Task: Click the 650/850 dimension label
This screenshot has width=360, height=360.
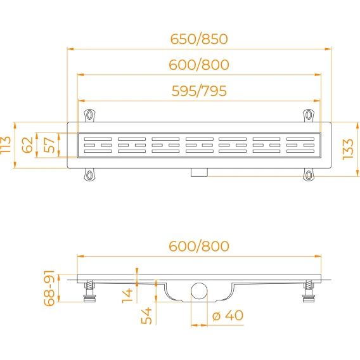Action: [x=199, y=39]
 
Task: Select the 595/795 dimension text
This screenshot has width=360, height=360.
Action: [x=199, y=91]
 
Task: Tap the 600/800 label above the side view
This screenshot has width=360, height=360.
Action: [x=199, y=246]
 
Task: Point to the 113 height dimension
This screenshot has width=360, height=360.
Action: [x=6, y=145]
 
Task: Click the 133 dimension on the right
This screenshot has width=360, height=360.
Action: [x=348, y=149]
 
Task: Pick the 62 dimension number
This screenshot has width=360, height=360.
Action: [x=27, y=145]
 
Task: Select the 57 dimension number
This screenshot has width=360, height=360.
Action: [x=49, y=145]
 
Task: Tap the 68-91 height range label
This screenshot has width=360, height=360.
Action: [x=49, y=288]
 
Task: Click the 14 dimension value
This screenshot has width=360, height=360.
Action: [x=127, y=296]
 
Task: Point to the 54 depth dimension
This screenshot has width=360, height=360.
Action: [x=146, y=316]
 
